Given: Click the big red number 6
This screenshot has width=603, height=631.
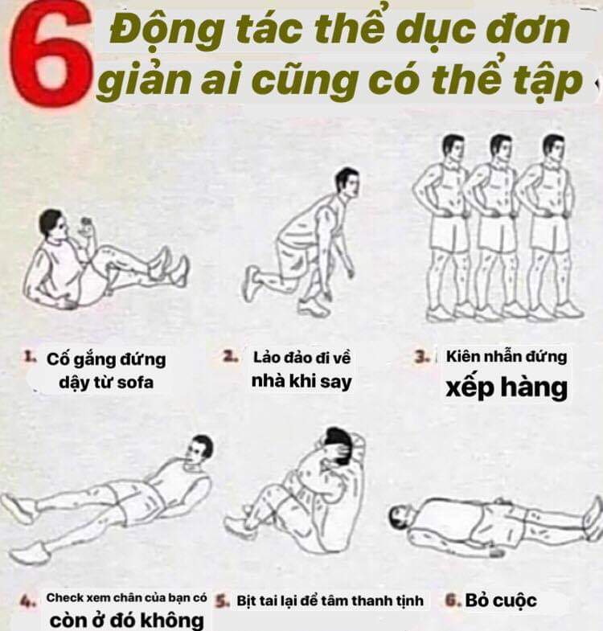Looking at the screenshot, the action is pos(51,55).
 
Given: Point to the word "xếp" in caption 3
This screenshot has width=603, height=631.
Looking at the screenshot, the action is pos(470,389).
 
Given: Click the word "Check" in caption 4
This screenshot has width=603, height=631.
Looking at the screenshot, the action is pos(65,597).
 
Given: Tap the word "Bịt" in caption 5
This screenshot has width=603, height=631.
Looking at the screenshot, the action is pos(246,600).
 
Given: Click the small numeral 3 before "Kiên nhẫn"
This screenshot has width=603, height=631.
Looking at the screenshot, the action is pos(421,357).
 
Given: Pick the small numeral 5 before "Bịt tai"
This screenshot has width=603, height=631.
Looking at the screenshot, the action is pos(222,600).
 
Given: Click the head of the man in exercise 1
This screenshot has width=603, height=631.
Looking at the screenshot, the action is pos(52,225).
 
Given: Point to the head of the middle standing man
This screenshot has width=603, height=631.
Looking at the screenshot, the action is pos(501,148).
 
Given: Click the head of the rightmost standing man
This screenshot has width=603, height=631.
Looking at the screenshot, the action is pos(553,149).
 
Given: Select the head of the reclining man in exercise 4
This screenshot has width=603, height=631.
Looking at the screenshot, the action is pos(199,449).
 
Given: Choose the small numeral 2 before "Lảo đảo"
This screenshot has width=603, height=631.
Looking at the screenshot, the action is pos(230,357).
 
